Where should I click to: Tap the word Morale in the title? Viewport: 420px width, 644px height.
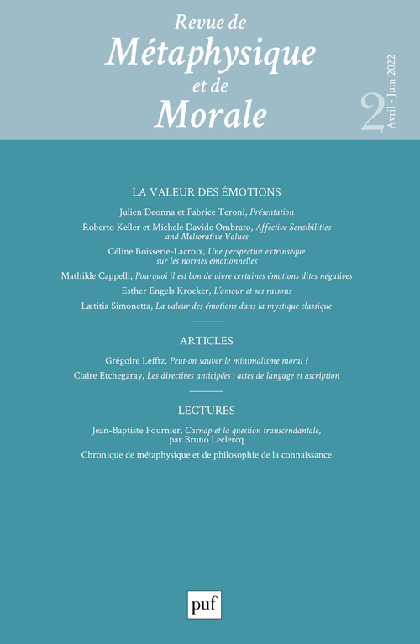(x=210, y=111)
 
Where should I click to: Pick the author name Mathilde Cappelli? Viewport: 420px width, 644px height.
(x=97, y=275)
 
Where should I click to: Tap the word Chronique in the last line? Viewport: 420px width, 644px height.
(x=106, y=455)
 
